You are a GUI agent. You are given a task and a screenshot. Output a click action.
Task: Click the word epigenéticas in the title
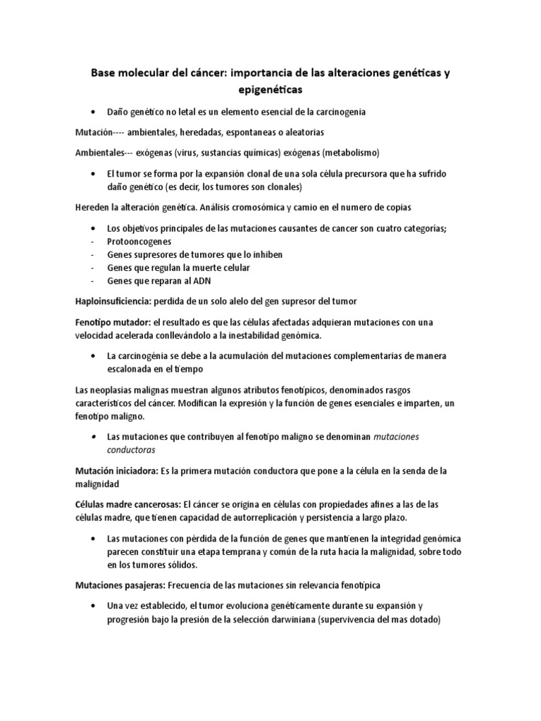point(270,91)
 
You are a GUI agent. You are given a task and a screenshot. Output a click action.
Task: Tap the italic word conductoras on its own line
point(131,449)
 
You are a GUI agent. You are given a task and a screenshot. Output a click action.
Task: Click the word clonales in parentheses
point(279,187)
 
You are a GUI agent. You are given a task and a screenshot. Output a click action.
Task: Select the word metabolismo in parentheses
point(349,153)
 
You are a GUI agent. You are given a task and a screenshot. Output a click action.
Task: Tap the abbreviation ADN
point(191,281)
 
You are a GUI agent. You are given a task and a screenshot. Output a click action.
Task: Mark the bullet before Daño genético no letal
point(94,113)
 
